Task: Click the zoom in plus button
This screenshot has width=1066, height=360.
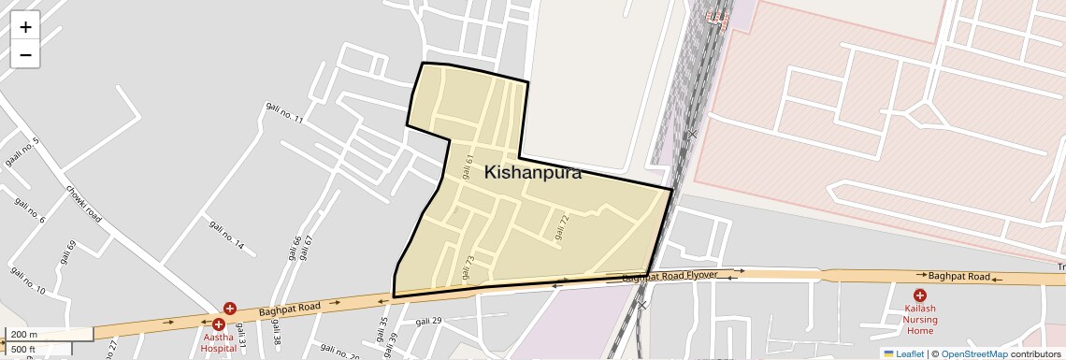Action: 25,26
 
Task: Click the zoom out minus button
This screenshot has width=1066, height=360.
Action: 25,54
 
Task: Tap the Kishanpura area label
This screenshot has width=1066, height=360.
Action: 532,173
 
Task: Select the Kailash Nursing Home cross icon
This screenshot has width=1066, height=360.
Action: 920,295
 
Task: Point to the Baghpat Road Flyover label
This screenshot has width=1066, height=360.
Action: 670,277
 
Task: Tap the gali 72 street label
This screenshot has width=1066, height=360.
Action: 561,227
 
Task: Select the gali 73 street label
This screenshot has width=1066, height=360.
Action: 468,266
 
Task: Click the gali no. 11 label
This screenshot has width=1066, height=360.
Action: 285,113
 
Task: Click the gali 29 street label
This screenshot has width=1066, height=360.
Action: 428,321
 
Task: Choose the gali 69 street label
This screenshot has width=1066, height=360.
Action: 69,253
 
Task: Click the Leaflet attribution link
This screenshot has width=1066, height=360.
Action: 902,353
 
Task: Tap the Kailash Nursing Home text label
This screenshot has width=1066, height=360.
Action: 920,319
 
